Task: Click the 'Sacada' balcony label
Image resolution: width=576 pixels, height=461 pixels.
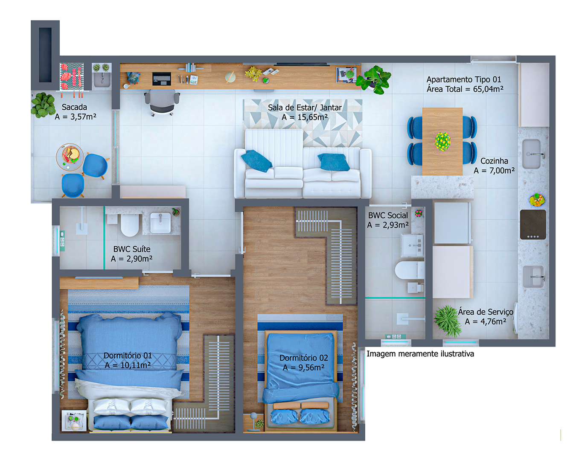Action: click(74, 107)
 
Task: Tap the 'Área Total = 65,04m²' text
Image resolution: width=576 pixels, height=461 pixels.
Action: click(465, 89)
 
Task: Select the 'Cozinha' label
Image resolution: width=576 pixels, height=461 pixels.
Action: click(494, 161)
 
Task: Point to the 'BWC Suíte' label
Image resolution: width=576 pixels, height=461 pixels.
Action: click(132, 249)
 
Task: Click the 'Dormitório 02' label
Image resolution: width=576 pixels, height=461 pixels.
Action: click(303, 358)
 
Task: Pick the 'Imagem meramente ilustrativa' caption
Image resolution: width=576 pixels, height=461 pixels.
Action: click(420, 354)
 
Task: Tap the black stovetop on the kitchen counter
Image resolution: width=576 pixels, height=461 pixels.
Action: click(532, 225)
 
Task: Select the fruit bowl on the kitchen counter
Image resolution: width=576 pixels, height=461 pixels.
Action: click(537, 200)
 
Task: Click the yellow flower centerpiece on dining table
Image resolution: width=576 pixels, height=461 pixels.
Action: click(442, 141)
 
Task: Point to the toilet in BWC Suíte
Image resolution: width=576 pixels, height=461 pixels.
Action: click(130, 225)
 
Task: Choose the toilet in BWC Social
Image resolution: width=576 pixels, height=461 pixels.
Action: click(409, 270)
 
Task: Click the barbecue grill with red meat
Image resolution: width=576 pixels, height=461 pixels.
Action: click(72, 77)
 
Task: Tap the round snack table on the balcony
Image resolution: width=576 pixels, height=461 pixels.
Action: click(70, 157)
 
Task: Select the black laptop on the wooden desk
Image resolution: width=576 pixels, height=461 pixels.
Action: click(161, 79)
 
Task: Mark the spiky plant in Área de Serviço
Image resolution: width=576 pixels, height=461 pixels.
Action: click(448, 321)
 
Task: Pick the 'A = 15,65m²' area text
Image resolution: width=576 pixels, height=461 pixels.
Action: click(305, 117)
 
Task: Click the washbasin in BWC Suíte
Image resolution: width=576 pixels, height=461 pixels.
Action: click(160, 223)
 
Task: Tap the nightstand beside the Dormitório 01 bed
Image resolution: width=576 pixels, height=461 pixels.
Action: click(74, 420)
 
